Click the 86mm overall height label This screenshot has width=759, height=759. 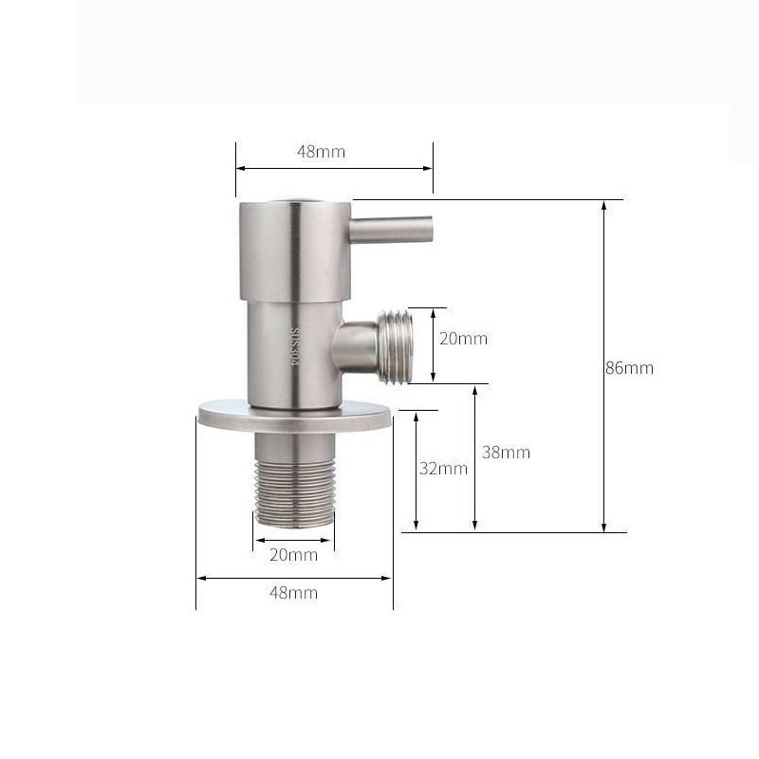coord(629,368)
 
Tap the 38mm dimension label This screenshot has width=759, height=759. coord(506,453)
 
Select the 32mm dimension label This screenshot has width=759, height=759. coord(443,468)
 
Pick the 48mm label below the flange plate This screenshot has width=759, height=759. coord(293,593)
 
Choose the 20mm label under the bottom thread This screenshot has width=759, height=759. coord(293,555)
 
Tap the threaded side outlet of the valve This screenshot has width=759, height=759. coord(393,345)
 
